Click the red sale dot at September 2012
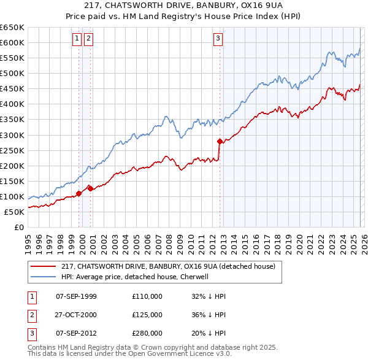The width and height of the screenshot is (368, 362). tap(220, 141)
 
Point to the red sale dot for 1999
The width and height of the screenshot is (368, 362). tap(79, 193)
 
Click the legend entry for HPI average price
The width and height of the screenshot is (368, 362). tap(135, 277)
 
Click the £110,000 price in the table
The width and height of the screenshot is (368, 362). tap(147, 296)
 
